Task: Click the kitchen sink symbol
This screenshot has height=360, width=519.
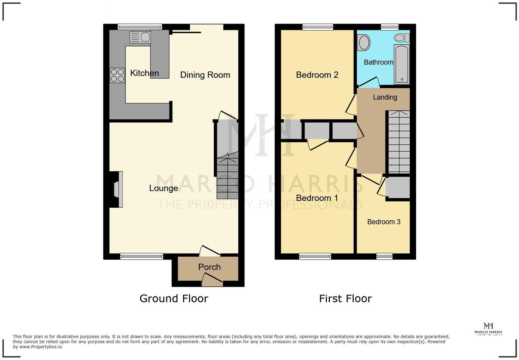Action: (140, 37)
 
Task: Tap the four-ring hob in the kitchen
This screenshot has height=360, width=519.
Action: (117, 75)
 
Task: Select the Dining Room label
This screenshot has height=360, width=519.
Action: (205, 75)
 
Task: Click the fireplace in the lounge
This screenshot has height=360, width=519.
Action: (117, 189)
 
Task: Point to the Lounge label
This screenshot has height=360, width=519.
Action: (164, 188)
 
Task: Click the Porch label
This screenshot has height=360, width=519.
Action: (209, 267)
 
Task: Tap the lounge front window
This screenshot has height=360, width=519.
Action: (142, 256)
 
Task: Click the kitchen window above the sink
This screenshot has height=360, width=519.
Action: (140, 27)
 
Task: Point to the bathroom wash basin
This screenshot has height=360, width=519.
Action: (364, 43)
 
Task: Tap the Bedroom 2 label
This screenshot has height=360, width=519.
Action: (317, 75)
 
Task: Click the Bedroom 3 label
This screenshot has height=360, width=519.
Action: (384, 222)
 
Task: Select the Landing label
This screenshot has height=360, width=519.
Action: (385, 97)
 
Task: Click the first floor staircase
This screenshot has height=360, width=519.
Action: (399, 142)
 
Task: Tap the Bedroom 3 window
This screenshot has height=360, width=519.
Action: (384, 256)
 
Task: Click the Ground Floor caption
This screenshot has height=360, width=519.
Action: (174, 298)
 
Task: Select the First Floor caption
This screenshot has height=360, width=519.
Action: (345, 298)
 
